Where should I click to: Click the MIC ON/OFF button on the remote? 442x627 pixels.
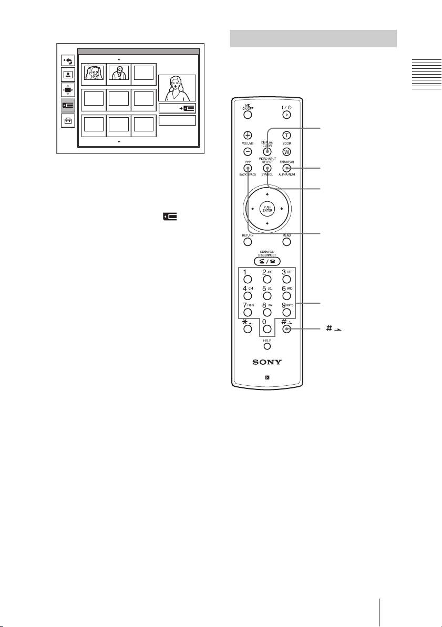click(248, 114)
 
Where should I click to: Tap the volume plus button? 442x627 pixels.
click(248, 134)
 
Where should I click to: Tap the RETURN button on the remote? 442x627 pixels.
click(248, 243)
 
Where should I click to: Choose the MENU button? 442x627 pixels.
click(287, 243)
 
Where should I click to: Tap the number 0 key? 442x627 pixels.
click(267, 330)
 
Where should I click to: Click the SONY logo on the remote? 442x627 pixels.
click(267, 363)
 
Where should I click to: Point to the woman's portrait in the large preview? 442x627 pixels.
click(177, 88)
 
